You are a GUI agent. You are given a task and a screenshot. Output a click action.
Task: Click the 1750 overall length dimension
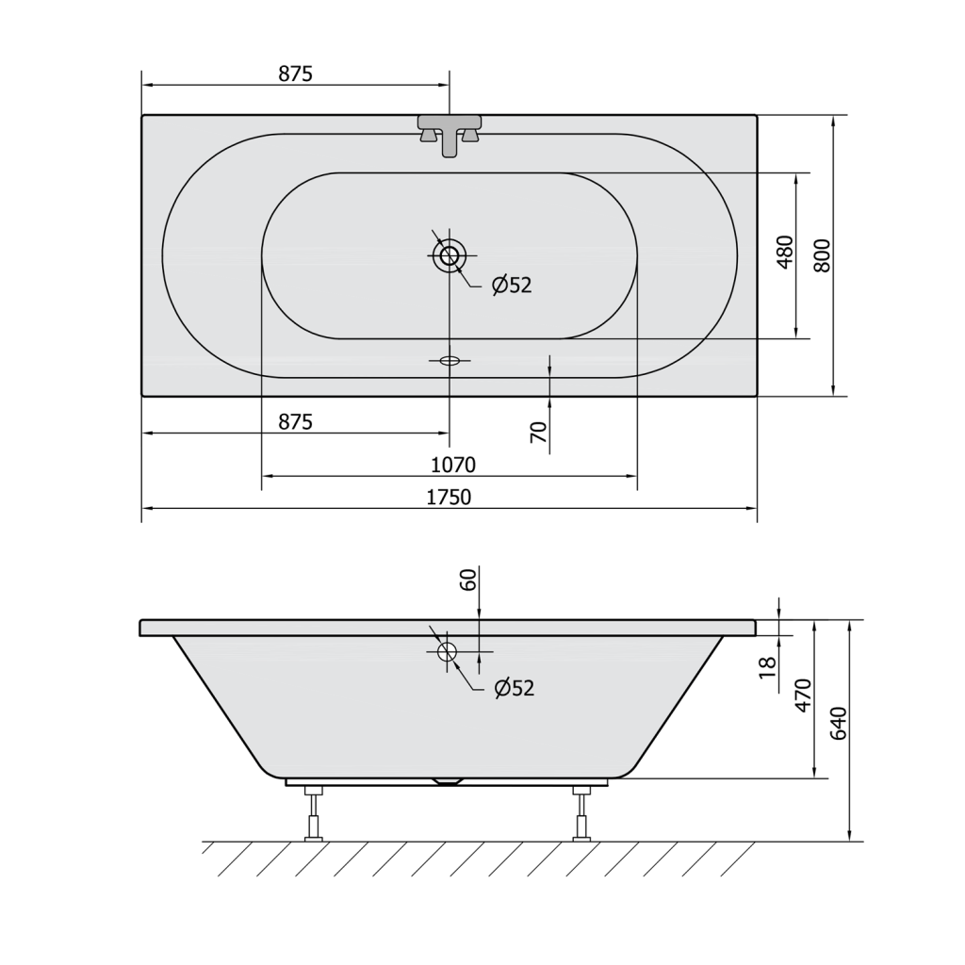click(449, 497)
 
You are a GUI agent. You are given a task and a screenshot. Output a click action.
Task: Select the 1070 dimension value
click(453, 465)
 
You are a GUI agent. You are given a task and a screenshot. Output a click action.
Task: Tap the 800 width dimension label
click(822, 255)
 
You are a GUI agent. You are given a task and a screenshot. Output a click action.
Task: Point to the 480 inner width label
click(785, 252)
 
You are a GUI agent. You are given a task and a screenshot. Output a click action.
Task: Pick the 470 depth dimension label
click(804, 695)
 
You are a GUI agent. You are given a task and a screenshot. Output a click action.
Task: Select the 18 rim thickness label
click(767, 667)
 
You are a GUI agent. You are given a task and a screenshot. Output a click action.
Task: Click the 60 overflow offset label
click(468, 581)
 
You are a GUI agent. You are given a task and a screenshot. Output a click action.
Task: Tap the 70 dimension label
click(538, 432)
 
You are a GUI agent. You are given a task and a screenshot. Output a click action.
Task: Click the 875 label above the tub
click(295, 74)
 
